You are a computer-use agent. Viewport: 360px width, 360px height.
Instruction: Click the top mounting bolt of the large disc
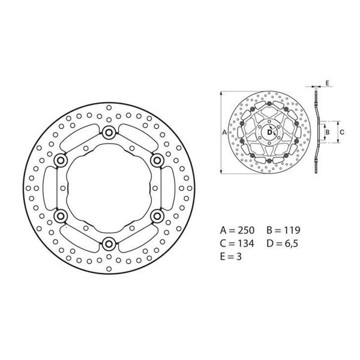(x=109, y=133)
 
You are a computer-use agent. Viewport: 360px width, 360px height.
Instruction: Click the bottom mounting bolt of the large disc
(x=109, y=243)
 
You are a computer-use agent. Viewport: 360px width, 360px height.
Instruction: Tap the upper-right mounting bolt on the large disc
(x=157, y=160)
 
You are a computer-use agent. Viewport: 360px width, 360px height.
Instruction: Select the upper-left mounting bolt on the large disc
(x=61, y=161)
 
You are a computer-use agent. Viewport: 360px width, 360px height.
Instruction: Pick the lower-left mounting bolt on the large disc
(x=61, y=215)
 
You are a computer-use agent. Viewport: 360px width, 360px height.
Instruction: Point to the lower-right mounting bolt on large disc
(x=157, y=215)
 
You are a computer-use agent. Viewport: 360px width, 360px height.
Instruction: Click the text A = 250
(x=238, y=230)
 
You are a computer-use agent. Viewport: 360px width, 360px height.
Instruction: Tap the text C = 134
(x=238, y=244)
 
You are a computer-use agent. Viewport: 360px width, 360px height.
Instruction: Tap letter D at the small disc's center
(x=269, y=133)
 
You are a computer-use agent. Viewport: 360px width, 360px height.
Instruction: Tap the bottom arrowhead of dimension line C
(x=336, y=143)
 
